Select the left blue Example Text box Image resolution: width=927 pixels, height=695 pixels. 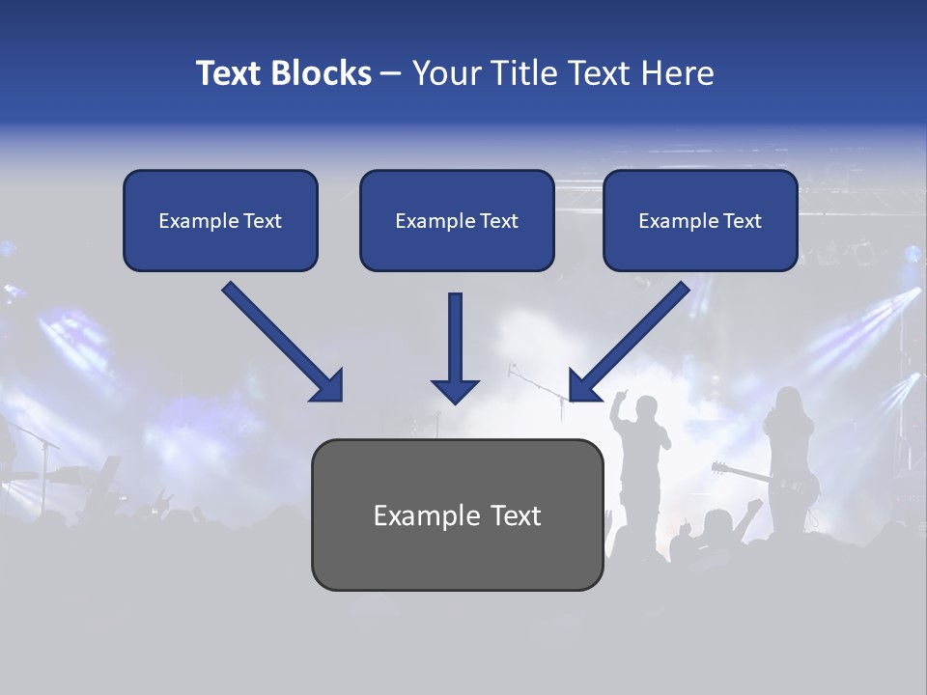pos(220,220)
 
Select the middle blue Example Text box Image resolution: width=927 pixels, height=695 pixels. pos(457,220)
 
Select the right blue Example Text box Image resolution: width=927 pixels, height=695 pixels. pos(700,220)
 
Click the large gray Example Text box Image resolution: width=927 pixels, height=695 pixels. pos(457,514)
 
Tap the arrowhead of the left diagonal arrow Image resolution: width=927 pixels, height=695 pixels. pos(328,387)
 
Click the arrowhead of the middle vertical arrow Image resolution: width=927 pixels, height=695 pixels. pos(455,390)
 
